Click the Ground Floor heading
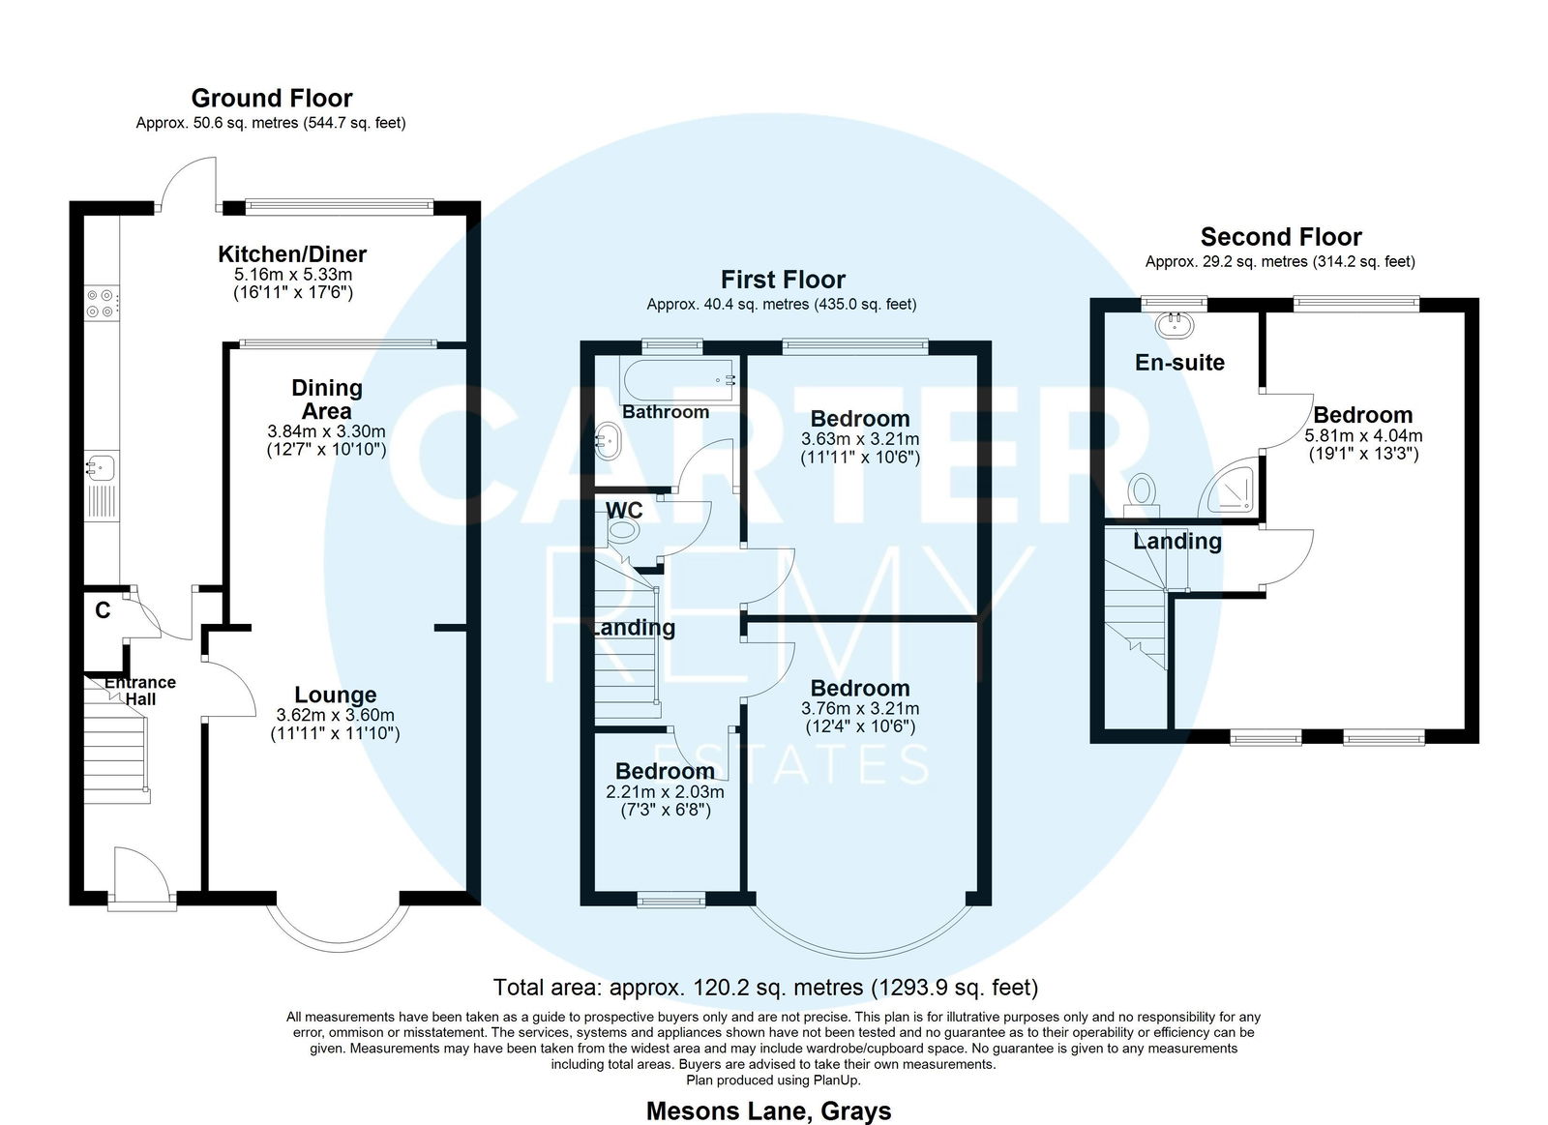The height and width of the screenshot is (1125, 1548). [272, 98]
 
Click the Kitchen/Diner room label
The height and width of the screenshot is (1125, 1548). [292, 253]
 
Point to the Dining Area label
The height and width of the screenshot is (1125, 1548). [327, 400]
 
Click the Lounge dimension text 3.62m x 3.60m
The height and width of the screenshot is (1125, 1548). [335, 715]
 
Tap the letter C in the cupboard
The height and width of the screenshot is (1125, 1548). [103, 610]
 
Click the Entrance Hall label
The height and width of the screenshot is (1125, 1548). [140, 691]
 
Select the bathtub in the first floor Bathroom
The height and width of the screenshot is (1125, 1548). [678, 380]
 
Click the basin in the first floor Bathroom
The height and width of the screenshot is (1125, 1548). [608, 440]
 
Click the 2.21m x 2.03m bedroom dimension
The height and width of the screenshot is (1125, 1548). [665, 792]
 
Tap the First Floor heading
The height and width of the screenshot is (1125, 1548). [783, 280]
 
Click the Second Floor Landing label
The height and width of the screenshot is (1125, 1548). [1177, 541]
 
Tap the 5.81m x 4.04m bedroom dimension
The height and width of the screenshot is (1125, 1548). [1363, 436]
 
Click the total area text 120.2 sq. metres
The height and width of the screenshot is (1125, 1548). [736, 988]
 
